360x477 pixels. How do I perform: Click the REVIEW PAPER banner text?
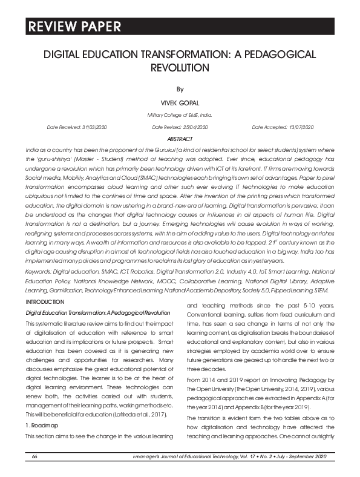73,27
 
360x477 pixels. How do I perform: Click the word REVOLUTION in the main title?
180,67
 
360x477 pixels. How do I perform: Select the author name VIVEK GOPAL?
180,103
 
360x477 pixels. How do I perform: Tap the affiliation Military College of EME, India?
180,115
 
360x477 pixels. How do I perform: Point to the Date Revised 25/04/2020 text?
180,127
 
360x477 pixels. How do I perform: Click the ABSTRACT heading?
180,139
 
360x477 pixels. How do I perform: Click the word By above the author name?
180,89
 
